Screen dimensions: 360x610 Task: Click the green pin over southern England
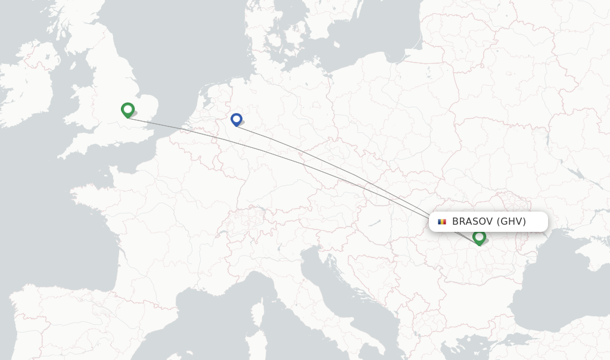tap(127, 110)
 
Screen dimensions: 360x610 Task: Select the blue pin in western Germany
tap(236, 119)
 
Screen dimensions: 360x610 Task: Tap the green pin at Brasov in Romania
tap(479, 237)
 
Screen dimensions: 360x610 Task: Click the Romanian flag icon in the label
tap(441, 222)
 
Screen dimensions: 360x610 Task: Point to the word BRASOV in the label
tap(472, 222)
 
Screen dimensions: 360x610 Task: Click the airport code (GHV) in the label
tap(512, 222)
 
